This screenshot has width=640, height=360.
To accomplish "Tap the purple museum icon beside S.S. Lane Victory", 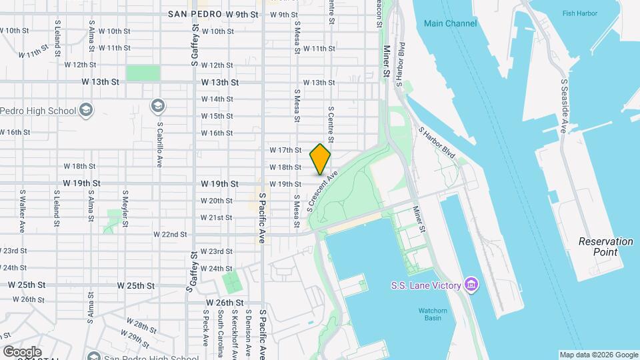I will pyautogui.click(x=471, y=285).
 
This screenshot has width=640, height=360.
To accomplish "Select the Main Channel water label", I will pyautogui.click(x=450, y=23).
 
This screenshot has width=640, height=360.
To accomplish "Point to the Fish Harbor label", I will pyautogui.click(x=577, y=13).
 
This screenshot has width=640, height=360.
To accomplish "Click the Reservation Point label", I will pyautogui.click(x=605, y=247).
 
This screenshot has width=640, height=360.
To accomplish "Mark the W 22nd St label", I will pyautogui.click(x=169, y=235).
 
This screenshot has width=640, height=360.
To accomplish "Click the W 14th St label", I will pyautogui.click(x=217, y=99).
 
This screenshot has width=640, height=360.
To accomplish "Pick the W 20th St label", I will pyautogui.click(x=217, y=201).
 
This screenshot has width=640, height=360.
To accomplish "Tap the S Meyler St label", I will pyautogui.click(x=125, y=211).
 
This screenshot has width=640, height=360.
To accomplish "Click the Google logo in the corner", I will pyautogui.click(x=22, y=351).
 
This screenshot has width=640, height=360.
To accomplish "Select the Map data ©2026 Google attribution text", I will pyautogui.click(x=598, y=355).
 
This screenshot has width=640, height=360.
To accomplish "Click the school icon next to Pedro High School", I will pyautogui.click(x=86, y=110).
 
